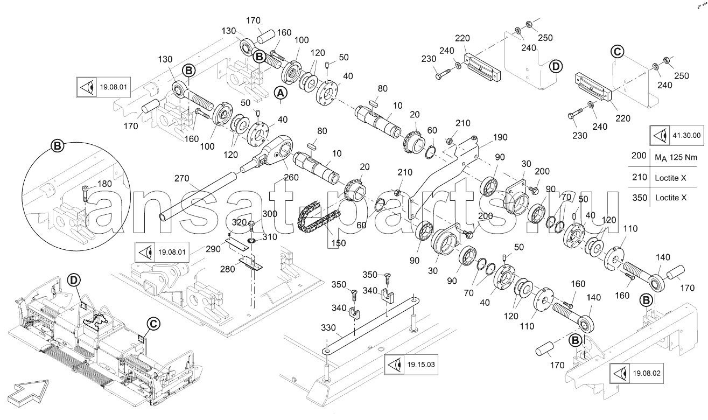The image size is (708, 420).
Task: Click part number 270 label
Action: click(x=182, y=179)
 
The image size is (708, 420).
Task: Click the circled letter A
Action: click(x=281, y=93)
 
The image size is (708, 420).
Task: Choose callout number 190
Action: click(x=500, y=137)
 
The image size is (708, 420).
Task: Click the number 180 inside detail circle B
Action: click(x=104, y=184)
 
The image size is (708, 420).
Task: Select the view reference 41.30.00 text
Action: click(x=686, y=136)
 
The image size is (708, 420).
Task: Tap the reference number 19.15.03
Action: click(x=421, y=365)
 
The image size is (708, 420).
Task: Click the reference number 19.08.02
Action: click(x=647, y=373)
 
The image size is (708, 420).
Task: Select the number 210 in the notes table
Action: click(x=640, y=177)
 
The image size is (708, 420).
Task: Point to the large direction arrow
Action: click(x=28, y=393)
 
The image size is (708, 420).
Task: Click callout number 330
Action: click(x=328, y=328)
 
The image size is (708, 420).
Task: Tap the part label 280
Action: click(x=228, y=269)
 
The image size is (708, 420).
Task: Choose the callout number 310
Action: click(x=270, y=237)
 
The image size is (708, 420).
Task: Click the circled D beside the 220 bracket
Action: click(x=556, y=67)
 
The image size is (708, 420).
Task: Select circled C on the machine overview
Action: click(x=153, y=324)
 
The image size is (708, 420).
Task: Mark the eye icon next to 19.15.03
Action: click(x=394, y=365)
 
